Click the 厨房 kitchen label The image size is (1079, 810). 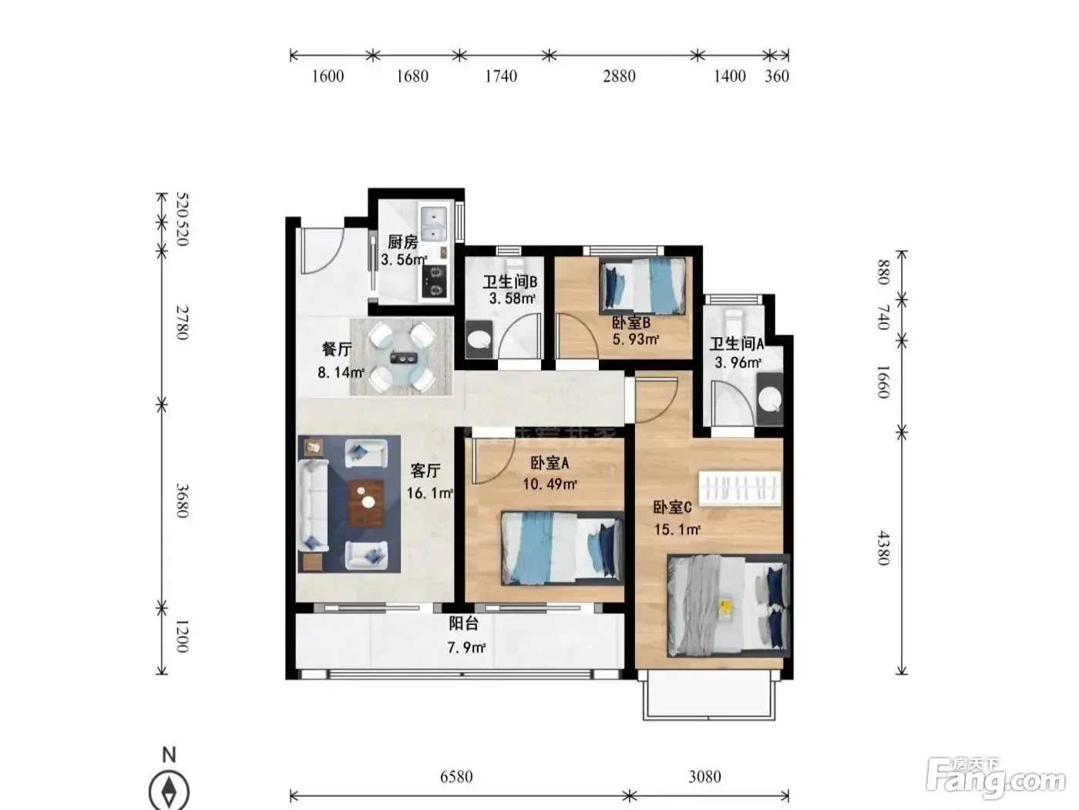pos(402,242)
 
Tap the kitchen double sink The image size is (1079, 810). pos(434,224)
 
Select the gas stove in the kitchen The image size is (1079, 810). pos(435,281)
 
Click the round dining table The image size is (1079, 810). pos(402,356)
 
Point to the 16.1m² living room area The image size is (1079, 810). pos(429,493)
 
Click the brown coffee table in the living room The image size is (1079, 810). pos(366,503)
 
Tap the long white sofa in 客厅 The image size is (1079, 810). pos(313,505)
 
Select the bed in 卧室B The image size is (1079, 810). pos(643,285)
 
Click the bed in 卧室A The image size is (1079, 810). pos(563,548)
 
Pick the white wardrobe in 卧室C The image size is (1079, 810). pos(741,488)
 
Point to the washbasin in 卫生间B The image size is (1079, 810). pos(479,339)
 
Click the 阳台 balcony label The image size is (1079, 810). pos(463,623)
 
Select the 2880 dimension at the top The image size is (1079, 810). pos(620,76)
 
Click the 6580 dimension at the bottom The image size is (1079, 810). pos(457,777)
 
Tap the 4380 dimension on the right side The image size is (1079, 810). pos(884,548)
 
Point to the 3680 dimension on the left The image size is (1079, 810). pos(182,501)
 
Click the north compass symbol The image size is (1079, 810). pos(169,790)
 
